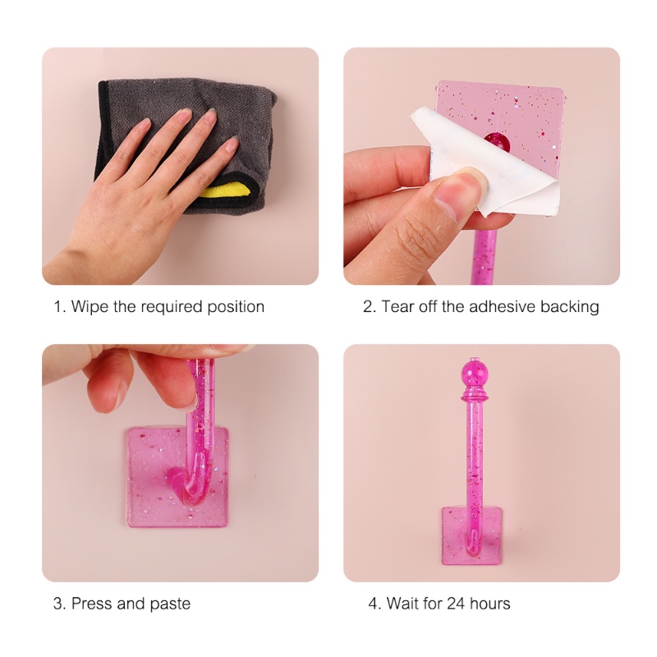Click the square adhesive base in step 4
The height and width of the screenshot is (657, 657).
pos(472,535)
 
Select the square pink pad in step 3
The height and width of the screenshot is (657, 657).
pos(177,476)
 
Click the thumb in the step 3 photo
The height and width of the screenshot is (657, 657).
pos(105,392)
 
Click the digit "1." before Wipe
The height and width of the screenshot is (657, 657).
pos(60,307)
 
